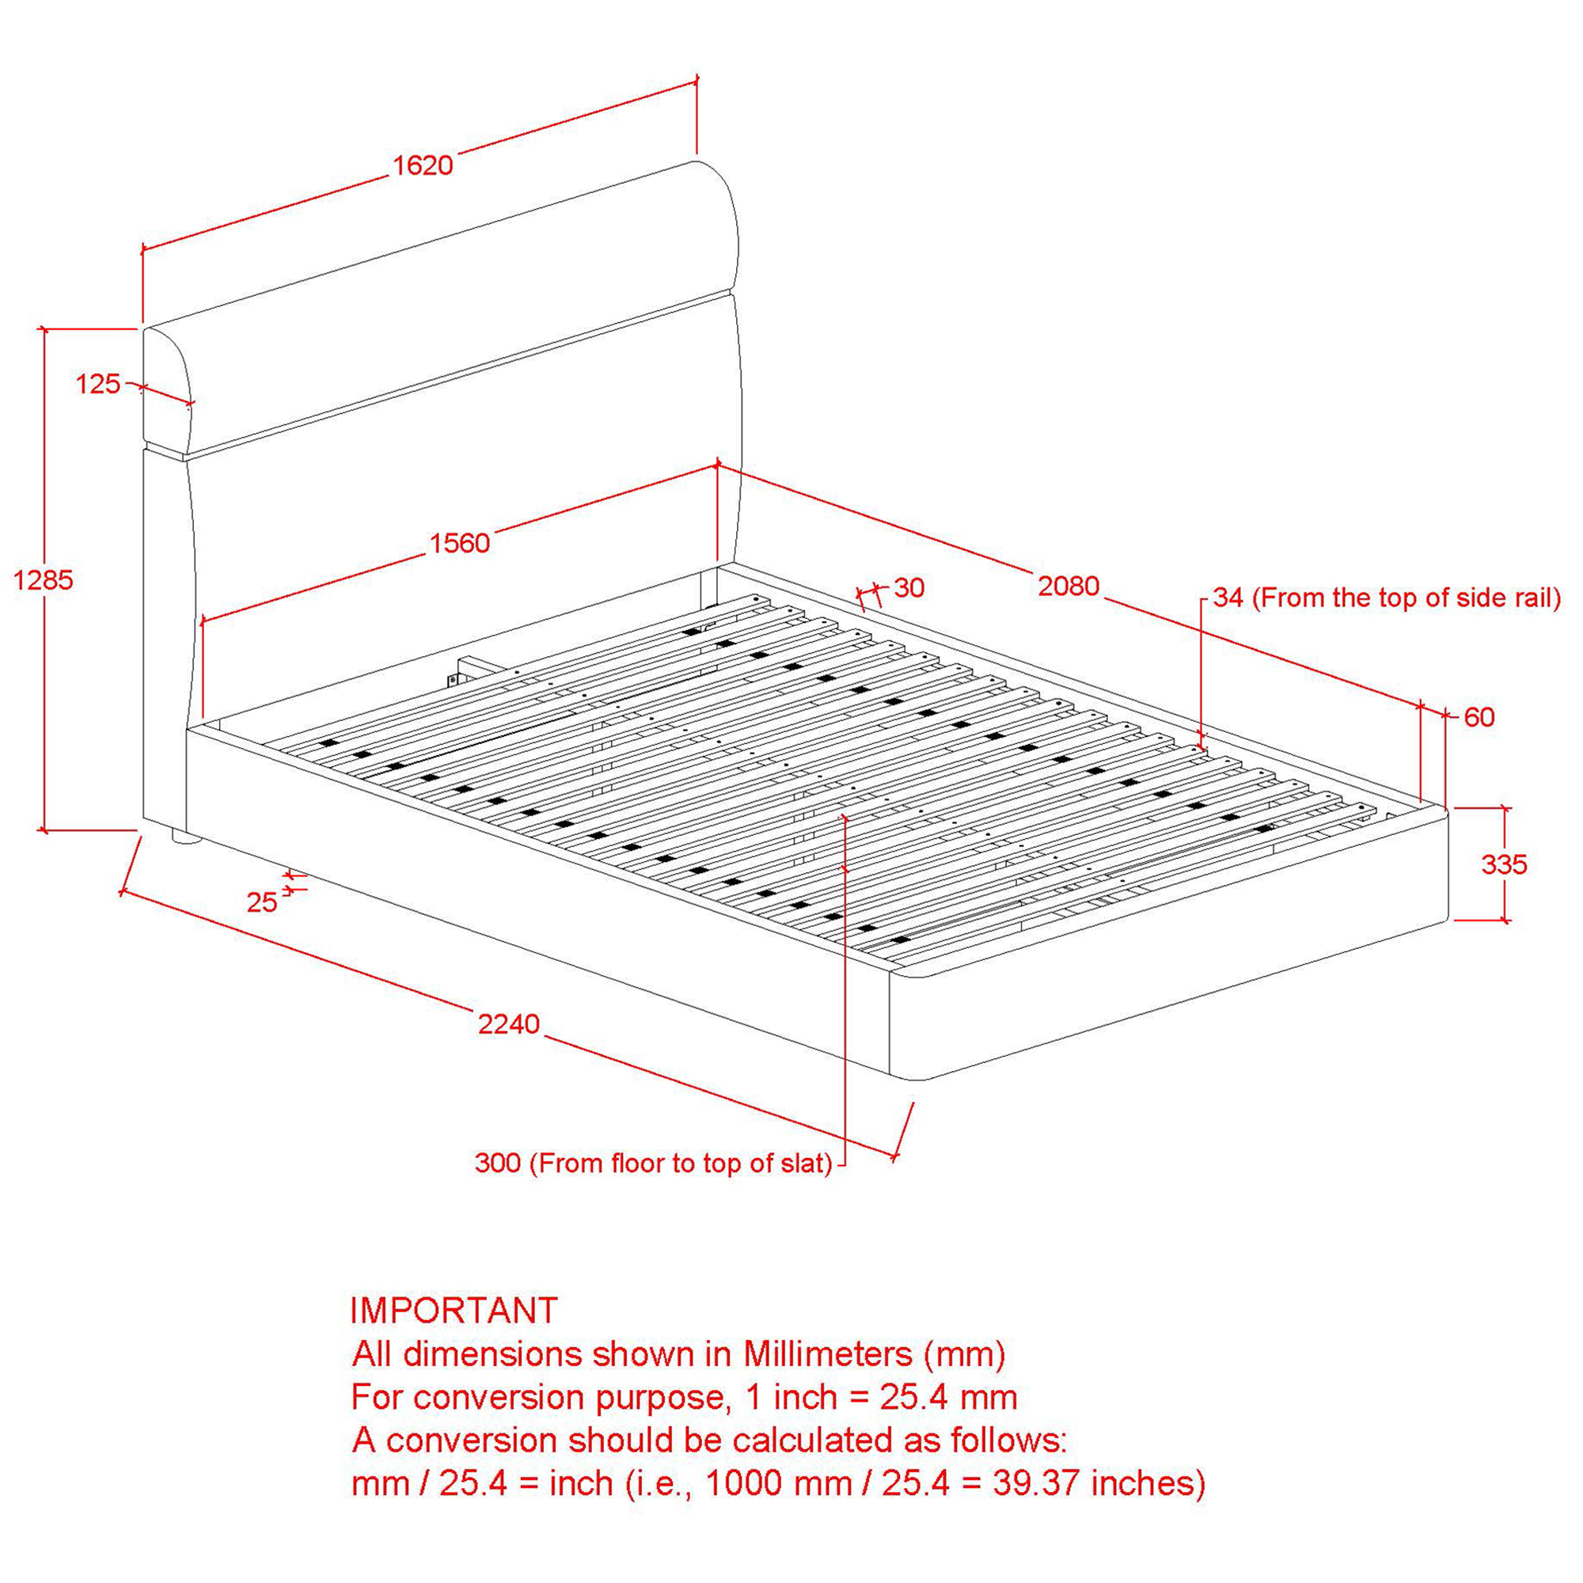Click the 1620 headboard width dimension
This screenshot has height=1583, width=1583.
click(423, 166)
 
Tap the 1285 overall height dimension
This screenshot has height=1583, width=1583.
click(44, 580)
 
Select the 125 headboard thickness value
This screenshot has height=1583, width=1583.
click(97, 383)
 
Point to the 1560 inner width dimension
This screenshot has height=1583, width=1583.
click(460, 542)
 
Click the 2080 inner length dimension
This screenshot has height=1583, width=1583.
click(1069, 586)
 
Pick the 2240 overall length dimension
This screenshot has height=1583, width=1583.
click(509, 1023)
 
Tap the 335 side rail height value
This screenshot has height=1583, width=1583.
click(1505, 864)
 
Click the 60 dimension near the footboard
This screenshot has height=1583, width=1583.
click(1479, 718)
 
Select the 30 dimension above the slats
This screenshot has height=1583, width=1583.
click(909, 587)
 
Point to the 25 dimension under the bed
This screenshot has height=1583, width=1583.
click(262, 902)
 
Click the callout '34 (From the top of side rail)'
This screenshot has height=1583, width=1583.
click(1387, 598)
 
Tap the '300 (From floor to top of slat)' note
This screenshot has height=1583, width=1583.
click(653, 1163)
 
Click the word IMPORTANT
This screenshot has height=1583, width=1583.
click(454, 1311)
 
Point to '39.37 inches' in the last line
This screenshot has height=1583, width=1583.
click(1099, 1484)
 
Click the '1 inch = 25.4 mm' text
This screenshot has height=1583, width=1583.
click(882, 1398)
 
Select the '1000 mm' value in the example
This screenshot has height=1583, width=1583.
click(779, 1484)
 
